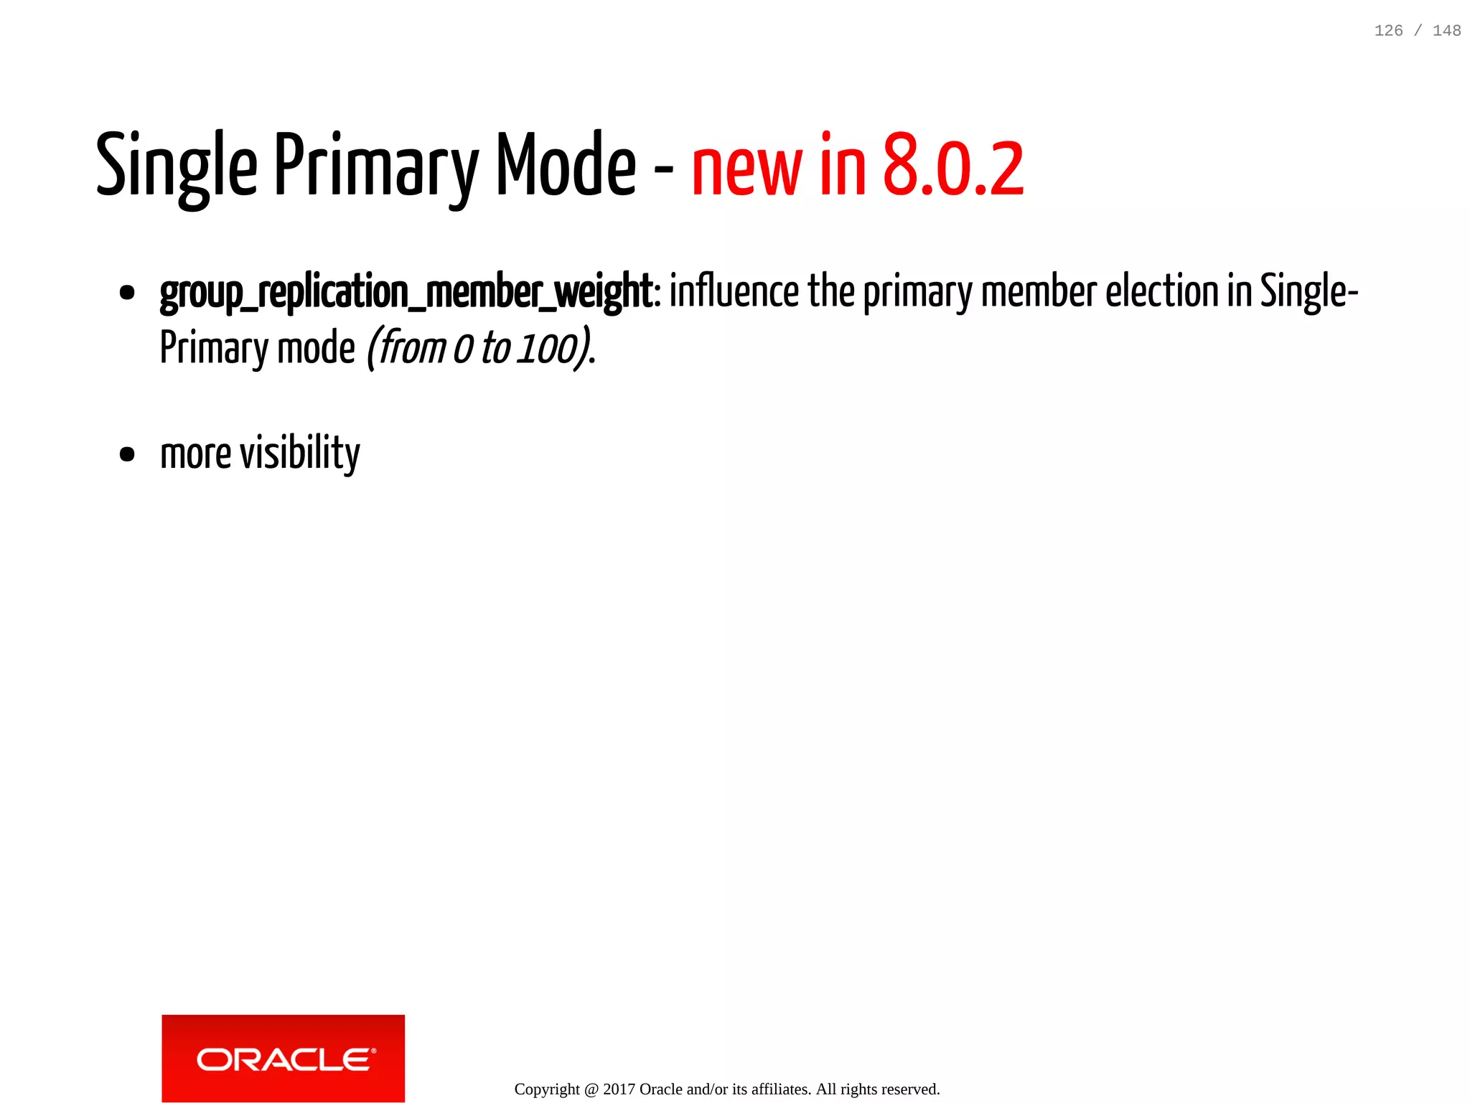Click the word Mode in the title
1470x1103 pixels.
[x=566, y=166]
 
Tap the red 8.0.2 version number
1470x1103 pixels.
[x=952, y=166]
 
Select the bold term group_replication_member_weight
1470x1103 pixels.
[x=406, y=293]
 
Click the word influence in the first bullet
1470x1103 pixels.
[x=734, y=292]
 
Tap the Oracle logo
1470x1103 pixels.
[x=284, y=1058]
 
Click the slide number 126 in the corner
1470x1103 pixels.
[x=1388, y=31]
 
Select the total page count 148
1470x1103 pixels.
[x=1446, y=31]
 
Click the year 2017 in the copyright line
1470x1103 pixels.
[x=619, y=1089]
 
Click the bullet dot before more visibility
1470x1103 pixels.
[x=127, y=454]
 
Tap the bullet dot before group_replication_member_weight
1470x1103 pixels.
[x=127, y=293]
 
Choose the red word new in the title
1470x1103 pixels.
[x=746, y=169]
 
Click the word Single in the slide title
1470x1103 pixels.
[x=177, y=166]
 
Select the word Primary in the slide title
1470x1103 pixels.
[x=375, y=166]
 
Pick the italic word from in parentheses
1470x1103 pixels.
[x=412, y=349]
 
